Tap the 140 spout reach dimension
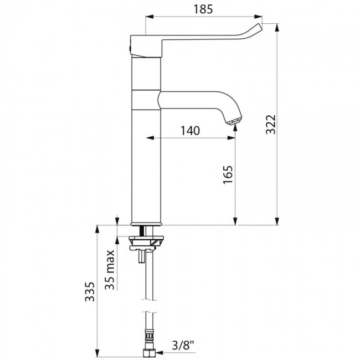coord(189,131)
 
